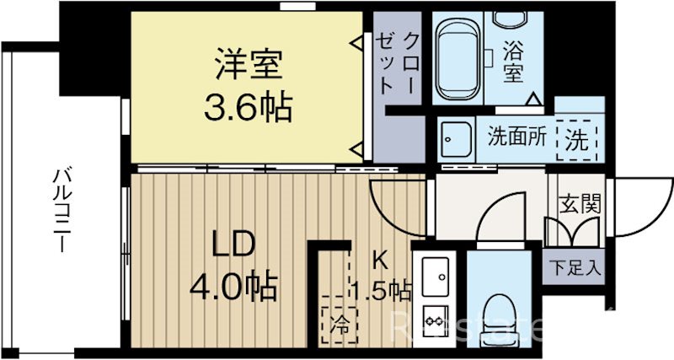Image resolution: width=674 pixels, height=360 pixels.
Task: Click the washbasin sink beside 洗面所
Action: coord(458,137)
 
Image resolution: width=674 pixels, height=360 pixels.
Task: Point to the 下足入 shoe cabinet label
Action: coord(577,269)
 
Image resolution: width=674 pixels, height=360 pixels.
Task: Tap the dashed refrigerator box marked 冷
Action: coord(339,320)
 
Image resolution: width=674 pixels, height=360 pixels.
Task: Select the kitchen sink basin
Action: coord(437,274)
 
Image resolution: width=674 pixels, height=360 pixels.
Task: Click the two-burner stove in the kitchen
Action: coord(436,320)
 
